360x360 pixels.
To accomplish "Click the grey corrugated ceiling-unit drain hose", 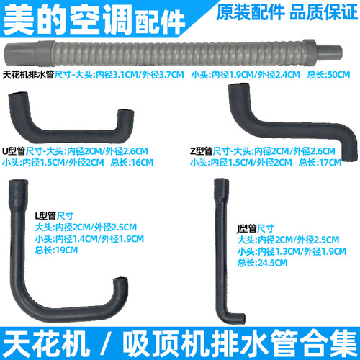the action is coord(173,54).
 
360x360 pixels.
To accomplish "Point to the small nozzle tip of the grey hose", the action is coord(329,52).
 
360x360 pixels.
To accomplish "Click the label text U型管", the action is coord(14,151).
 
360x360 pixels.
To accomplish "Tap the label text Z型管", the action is coord(202,151).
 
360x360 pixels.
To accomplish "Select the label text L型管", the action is coord(46,216).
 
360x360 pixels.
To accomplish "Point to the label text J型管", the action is coord(246,228).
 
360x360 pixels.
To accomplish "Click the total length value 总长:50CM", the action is coord(328,75).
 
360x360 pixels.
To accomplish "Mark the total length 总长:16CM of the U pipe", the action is coord(132,163).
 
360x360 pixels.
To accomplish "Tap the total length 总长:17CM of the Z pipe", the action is coord(320,163).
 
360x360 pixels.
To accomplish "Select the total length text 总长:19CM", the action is coord(56,251).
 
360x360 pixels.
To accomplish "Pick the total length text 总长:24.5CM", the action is coord(262,263).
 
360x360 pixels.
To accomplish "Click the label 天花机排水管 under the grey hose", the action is coord(28,75).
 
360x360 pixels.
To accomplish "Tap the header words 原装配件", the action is coord(251,12).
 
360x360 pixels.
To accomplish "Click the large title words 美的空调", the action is coord(68,19).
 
